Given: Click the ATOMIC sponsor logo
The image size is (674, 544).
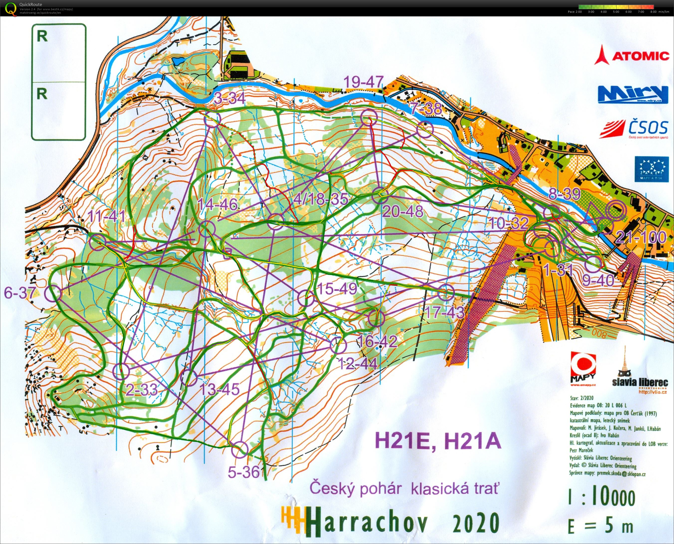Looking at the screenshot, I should [632, 58].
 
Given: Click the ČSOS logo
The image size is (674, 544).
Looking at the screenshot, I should [634, 129].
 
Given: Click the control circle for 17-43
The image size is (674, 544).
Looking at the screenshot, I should [446, 293].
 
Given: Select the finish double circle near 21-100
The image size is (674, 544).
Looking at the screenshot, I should [615, 210].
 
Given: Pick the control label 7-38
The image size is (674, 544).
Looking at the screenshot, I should [426, 109].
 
